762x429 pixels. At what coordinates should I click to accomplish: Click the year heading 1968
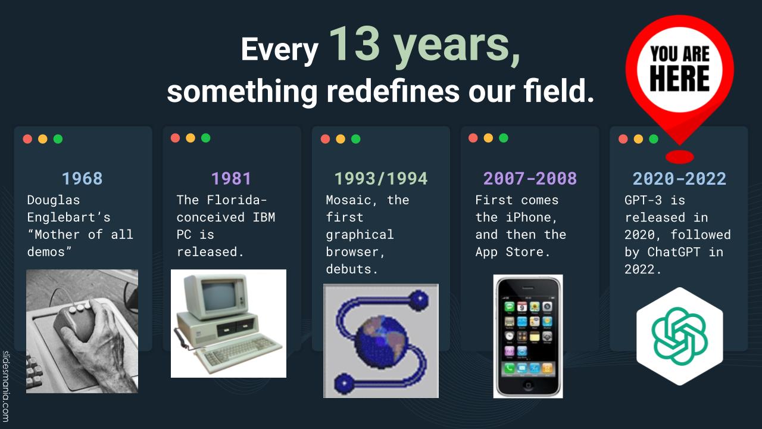(x=82, y=178)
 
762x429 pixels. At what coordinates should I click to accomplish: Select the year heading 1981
(x=232, y=178)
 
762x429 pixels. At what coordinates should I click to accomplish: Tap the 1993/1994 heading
(x=381, y=178)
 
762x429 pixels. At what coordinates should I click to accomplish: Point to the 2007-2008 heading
(x=530, y=178)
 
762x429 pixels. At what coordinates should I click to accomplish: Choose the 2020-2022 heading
(x=679, y=178)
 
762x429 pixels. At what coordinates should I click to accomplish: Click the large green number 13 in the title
(x=355, y=44)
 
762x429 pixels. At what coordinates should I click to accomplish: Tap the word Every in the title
(x=280, y=49)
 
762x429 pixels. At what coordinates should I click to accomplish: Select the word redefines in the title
(x=393, y=91)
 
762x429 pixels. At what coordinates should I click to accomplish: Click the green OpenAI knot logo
(x=680, y=337)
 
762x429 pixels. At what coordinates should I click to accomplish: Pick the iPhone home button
(x=528, y=386)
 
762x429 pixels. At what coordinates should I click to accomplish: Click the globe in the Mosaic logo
(x=381, y=342)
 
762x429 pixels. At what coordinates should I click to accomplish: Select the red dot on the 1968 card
(x=27, y=139)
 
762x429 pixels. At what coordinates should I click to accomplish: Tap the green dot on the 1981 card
(x=206, y=138)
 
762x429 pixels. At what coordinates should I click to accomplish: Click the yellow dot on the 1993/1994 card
(x=341, y=139)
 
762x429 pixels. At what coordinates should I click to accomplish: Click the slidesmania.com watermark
(x=5, y=387)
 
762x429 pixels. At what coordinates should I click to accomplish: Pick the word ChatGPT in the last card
(x=673, y=252)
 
